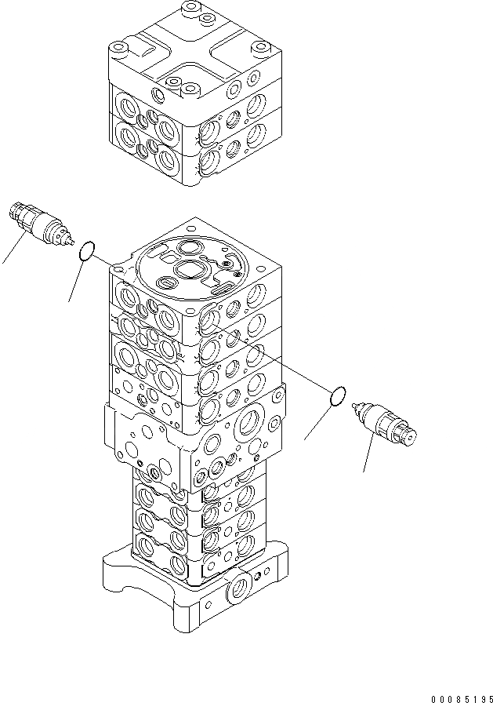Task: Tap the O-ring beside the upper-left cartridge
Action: click(88, 250)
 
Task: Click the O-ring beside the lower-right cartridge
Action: click(338, 397)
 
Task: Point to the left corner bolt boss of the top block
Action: click(119, 49)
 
